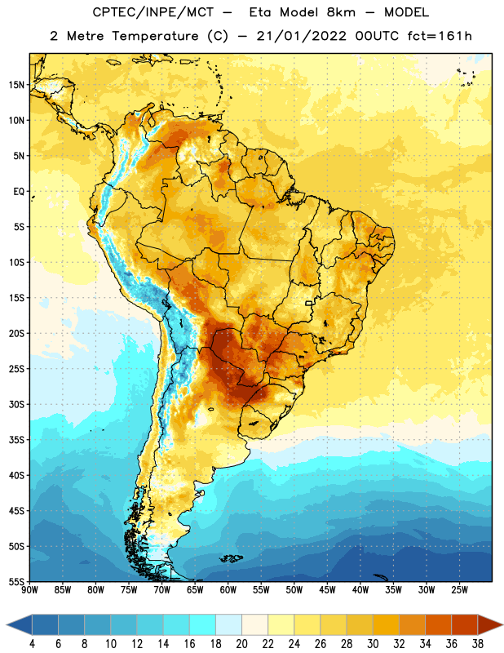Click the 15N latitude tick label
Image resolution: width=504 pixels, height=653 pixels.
pos(16,85)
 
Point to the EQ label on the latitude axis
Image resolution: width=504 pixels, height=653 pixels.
pos(19,192)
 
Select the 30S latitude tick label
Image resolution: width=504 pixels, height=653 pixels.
pos(16,404)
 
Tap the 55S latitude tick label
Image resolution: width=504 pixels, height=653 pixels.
pos(16,582)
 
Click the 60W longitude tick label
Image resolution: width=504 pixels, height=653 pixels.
pos(228,589)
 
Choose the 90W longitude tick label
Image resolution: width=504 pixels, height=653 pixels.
pos(29,589)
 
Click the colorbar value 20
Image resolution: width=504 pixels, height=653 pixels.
pos(241,644)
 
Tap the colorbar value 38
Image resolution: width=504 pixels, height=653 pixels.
pos(477,644)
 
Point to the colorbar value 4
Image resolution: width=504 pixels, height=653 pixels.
pos(32,644)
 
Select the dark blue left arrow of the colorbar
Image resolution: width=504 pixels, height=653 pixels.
pos(19,624)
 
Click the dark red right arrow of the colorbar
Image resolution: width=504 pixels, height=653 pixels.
pos(490,624)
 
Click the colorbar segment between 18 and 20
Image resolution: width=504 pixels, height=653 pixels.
pos(228,624)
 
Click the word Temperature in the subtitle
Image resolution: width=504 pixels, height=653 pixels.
pos(155,36)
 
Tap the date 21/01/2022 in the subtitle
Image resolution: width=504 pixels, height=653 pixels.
pos(301,36)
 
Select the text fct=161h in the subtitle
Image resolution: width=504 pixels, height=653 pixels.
pos(440,36)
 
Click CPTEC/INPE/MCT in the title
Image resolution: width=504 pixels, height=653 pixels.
pos(153,12)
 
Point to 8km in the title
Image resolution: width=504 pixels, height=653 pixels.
pos(341,12)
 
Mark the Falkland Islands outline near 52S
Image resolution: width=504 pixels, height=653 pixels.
pos(231,558)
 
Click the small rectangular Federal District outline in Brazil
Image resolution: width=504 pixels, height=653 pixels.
pos(309,303)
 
